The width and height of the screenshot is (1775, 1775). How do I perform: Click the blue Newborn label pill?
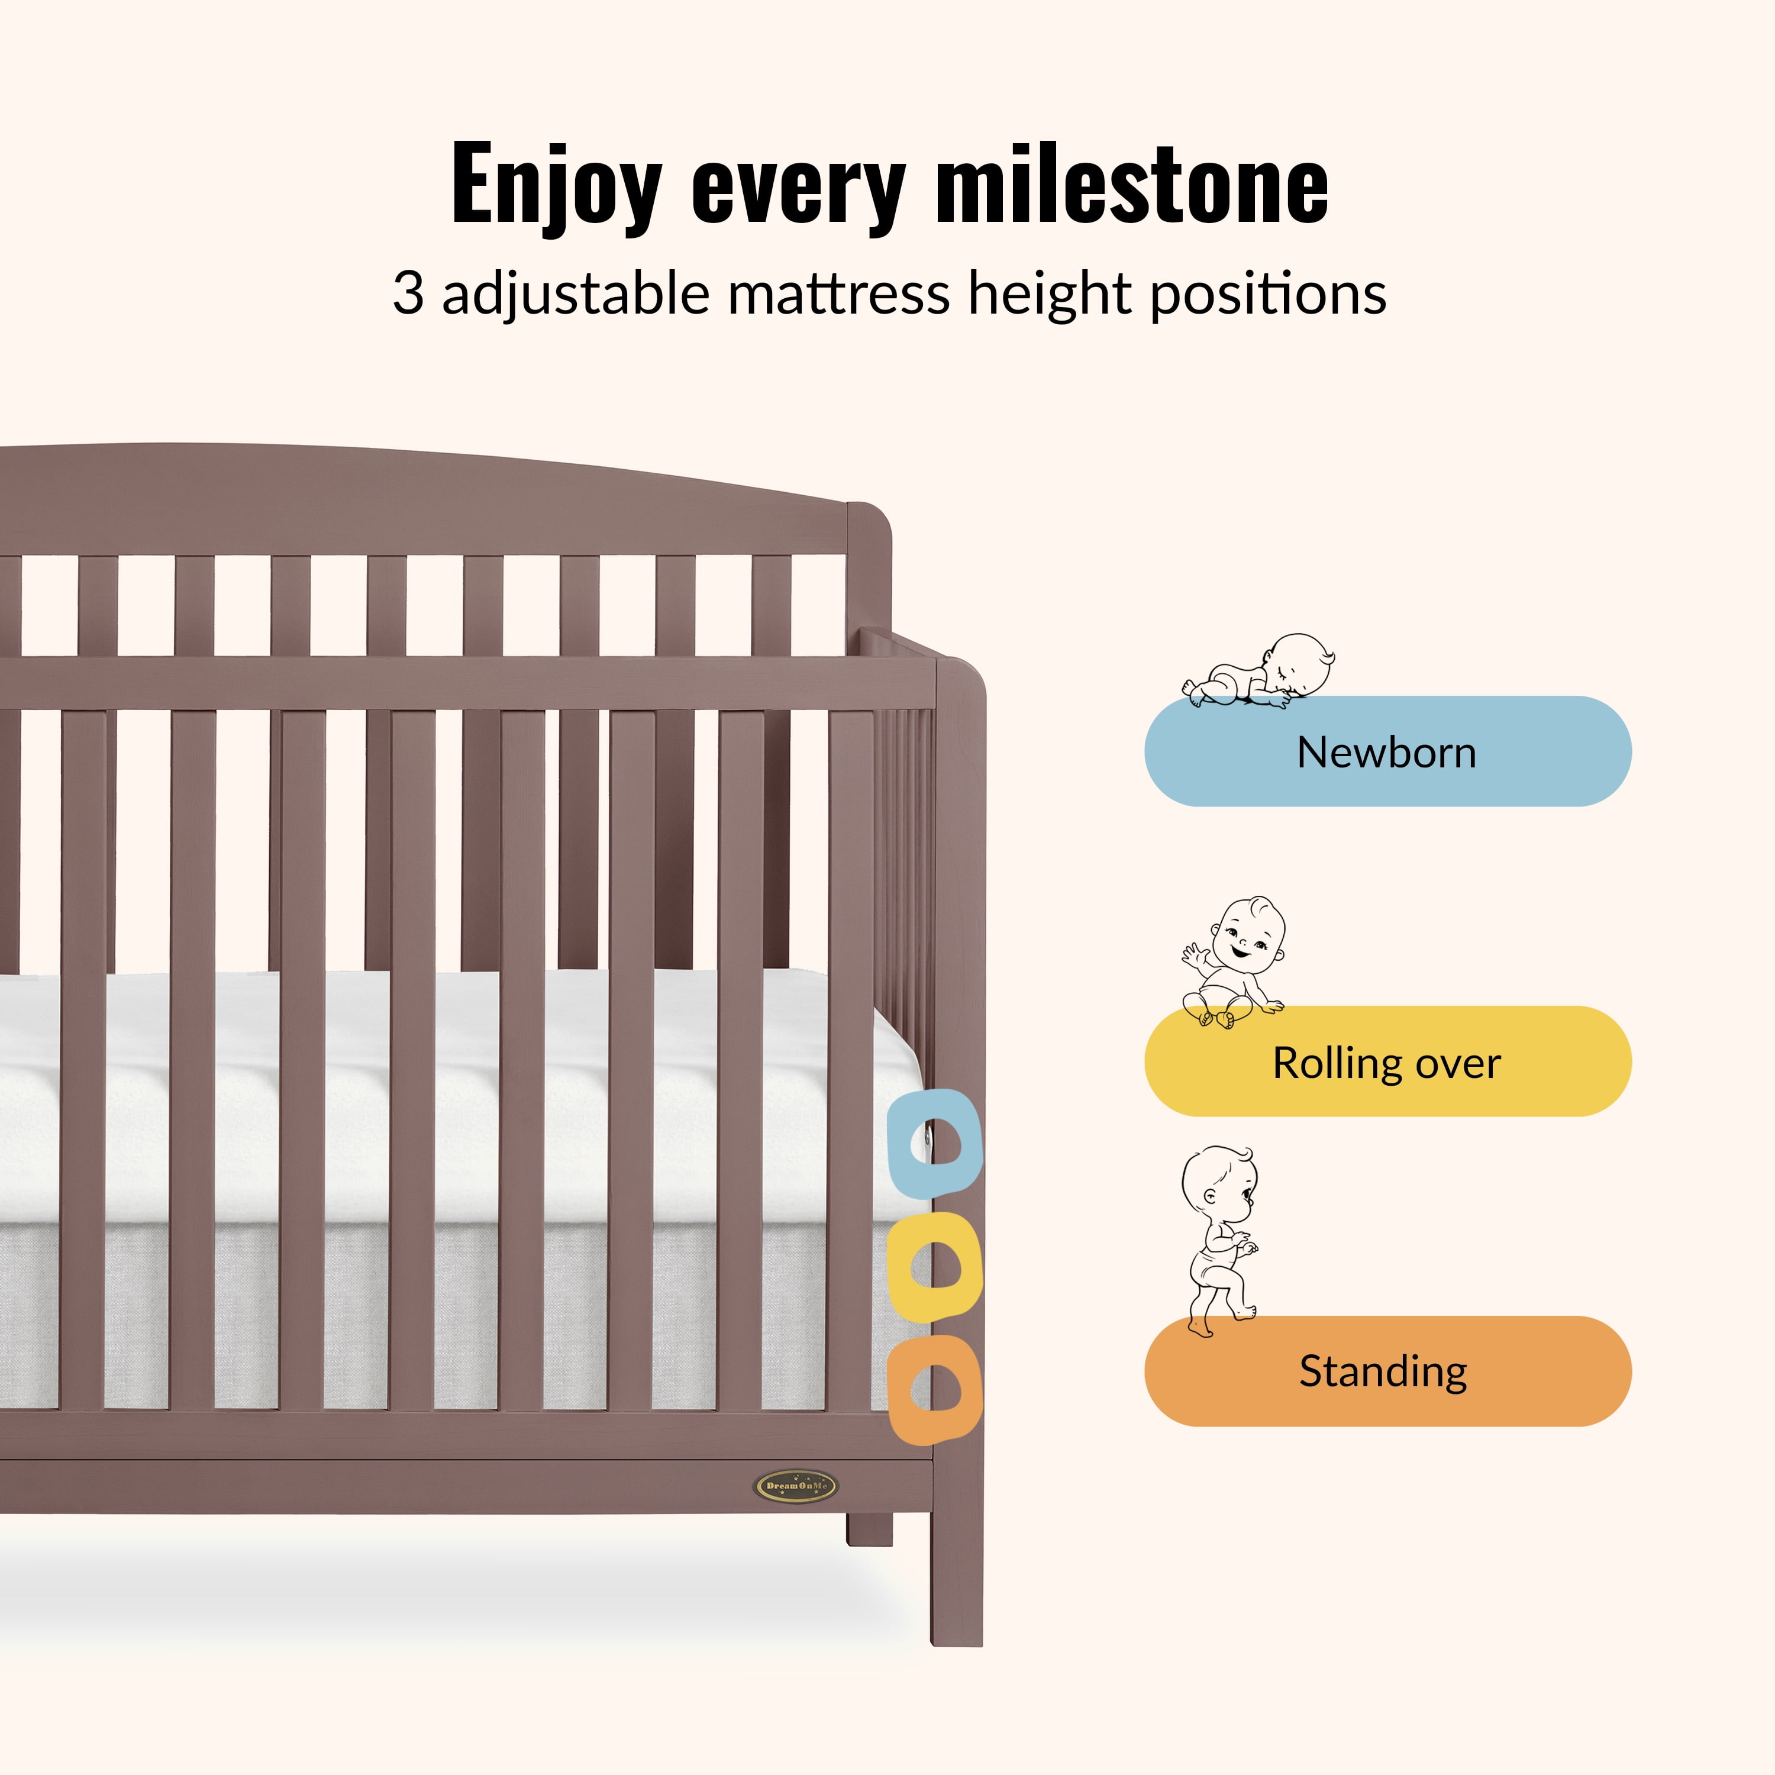[1387, 751]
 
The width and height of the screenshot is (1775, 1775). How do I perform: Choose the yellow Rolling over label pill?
[1387, 1061]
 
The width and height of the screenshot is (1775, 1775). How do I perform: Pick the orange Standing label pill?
[1387, 1371]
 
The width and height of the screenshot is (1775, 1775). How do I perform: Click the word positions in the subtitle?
[1269, 295]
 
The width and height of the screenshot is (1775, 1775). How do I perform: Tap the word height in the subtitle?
[1051, 295]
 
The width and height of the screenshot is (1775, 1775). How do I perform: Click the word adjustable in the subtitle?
[576, 295]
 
